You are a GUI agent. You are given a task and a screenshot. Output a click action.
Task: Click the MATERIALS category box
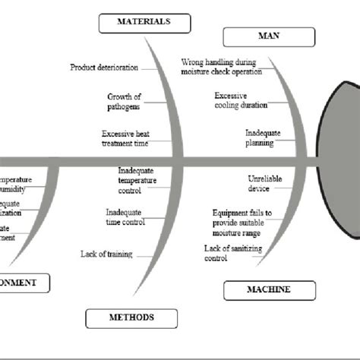pyautogui.click(x=144, y=23)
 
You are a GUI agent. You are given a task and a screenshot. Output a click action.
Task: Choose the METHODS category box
pyautogui.click(x=131, y=317)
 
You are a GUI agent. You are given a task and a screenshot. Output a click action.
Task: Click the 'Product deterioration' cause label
pyautogui.click(x=104, y=67)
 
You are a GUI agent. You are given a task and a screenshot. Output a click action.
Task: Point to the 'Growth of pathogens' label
pyautogui.click(x=124, y=101)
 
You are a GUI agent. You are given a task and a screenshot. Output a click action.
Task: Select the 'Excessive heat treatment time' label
pyautogui.click(x=125, y=137)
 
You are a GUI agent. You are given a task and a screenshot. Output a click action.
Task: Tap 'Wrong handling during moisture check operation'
pyautogui.click(x=221, y=66)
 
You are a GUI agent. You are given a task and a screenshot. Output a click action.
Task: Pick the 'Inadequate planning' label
pyautogui.click(x=263, y=137)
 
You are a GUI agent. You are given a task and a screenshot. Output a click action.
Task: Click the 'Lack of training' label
pyautogui.click(x=107, y=254)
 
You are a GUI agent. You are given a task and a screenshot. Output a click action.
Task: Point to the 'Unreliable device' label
pyautogui.click(x=264, y=182)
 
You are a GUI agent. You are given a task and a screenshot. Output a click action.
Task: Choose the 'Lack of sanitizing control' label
pyautogui.click(x=226, y=253)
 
